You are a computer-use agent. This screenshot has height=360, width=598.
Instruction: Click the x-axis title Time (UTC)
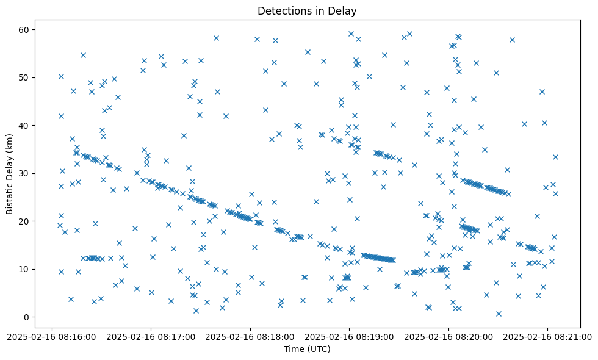point(307,349)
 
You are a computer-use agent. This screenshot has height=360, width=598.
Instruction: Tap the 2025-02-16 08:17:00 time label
point(151,336)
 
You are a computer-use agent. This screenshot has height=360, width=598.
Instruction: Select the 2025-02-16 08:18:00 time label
point(250,336)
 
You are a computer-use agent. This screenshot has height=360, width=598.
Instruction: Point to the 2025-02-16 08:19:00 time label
point(349,336)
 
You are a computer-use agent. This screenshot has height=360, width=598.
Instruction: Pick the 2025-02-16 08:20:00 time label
point(448,336)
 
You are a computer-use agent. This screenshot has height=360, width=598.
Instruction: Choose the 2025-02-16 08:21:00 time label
point(547,336)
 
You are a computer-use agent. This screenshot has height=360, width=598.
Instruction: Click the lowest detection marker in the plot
point(499,314)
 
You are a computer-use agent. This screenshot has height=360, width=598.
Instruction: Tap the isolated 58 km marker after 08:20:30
point(512,40)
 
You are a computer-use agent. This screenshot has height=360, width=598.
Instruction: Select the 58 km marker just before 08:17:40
point(216,38)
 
